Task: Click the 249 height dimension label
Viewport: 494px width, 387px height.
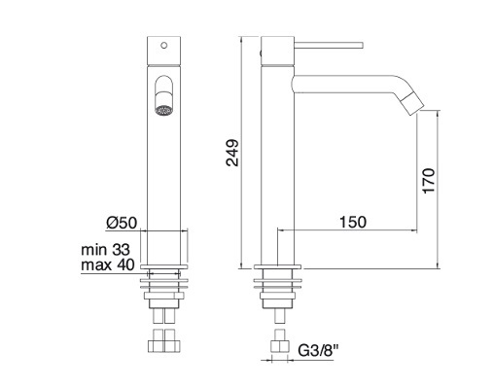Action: click(x=232, y=153)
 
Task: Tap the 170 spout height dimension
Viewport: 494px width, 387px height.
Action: click(x=429, y=181)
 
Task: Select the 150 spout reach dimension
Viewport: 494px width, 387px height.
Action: click(x=353, y=223)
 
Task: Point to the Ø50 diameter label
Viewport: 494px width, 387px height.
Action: click(x=122, y=223)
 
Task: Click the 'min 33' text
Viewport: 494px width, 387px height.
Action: click(x=105, y=250)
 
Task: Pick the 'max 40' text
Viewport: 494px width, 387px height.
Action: click(x=108, y=264)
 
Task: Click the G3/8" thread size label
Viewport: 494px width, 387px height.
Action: click(x=318, y=350)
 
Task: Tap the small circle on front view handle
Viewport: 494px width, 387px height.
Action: click(x=164, y=45)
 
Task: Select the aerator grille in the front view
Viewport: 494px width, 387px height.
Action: click(x=163, y=111)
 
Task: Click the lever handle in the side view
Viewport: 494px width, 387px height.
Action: click(x=328, y=46)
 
